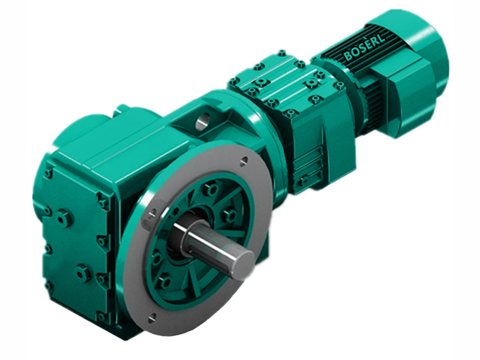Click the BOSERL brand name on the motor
point(365,47)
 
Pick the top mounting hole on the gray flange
point(243,160)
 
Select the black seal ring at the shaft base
point(179,233)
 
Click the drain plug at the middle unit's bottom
point(304,179)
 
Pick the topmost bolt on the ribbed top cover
point(281,53)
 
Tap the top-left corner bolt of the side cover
point(47,173)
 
